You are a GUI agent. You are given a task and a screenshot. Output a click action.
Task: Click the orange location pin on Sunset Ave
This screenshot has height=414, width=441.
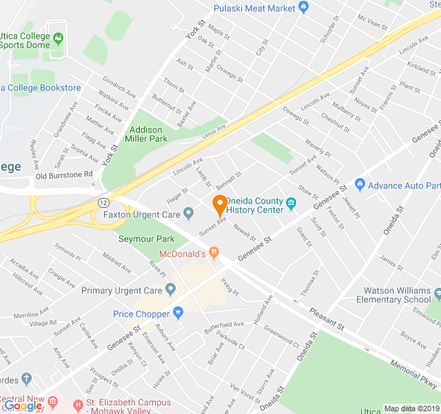[219, 205]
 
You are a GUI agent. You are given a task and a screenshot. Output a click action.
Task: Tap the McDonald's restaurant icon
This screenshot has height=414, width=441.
[214, 254]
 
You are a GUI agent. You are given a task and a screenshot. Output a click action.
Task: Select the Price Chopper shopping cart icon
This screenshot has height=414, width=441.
[178, 313]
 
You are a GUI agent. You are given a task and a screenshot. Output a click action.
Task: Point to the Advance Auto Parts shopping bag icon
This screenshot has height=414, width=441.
[359, 185]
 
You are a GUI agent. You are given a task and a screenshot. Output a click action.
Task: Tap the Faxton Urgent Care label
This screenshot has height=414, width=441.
[141, 215]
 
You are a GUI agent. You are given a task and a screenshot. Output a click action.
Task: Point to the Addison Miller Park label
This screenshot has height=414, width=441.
[145, 134]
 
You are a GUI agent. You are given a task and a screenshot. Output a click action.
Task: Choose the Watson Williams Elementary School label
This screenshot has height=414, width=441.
[393, 295]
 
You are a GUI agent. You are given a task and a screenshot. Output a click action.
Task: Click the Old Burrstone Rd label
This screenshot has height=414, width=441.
[64, 175]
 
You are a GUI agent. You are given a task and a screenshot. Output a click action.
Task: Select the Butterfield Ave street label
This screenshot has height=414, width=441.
[224, 324]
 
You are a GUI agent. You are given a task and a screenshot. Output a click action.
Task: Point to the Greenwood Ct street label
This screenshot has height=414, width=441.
[281, 334]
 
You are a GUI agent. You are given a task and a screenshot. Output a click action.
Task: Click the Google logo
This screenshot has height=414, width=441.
[23, 406]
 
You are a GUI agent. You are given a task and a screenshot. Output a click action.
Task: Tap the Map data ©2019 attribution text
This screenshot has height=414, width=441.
[411, 408]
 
